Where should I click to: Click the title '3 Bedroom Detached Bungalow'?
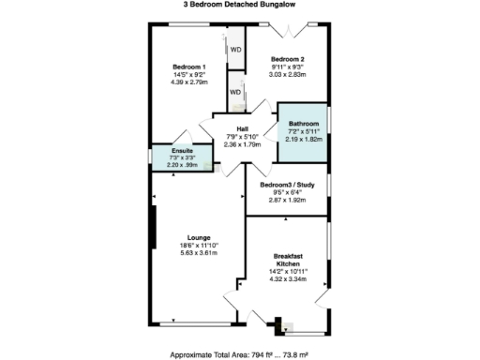click(240, 6)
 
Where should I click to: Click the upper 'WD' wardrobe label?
click(236, 50)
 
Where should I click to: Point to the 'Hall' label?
click(242, 129)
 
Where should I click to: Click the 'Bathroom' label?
click(304, 124)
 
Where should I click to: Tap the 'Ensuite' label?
click(184, 150)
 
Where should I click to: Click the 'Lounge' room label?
click(198, 237)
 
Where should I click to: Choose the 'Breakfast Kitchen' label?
click(289, 260)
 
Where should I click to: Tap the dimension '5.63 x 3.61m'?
click(198, 253)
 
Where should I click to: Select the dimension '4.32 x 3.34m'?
click(289, 279)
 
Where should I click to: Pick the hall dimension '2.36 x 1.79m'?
click(242, 145)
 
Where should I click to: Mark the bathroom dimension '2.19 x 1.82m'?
click(304, 139)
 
